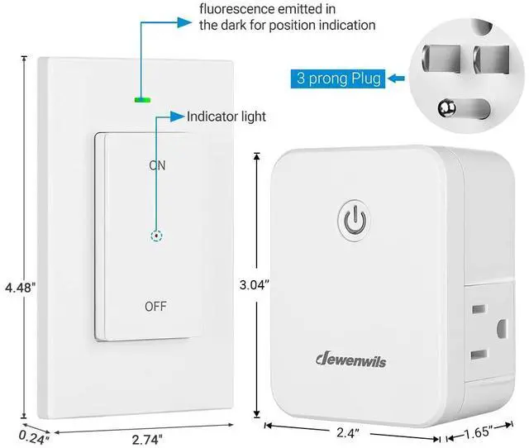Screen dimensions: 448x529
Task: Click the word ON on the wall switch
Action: click(157, 165)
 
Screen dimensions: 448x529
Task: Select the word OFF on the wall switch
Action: click(155, 306)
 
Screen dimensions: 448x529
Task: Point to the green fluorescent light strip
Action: click(142, 100)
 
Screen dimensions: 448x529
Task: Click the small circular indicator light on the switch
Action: click(157, 236)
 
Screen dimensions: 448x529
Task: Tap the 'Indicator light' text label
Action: click(226, 117)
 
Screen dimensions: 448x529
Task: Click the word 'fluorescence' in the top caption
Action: click(236, 9)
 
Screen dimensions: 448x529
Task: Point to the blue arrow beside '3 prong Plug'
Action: click(398, 79)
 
